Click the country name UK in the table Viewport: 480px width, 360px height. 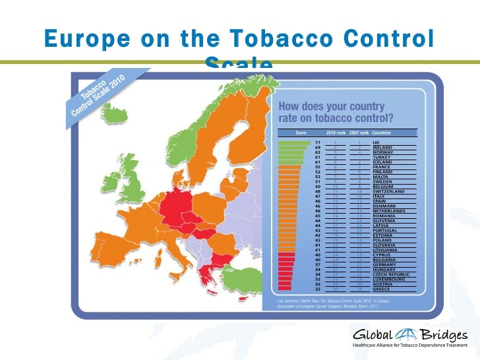376,142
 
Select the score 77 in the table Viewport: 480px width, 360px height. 318,142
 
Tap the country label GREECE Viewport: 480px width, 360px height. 382,288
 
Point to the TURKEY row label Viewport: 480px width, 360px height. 382,157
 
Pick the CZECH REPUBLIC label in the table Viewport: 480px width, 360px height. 391,273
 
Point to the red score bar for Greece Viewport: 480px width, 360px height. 285,288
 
